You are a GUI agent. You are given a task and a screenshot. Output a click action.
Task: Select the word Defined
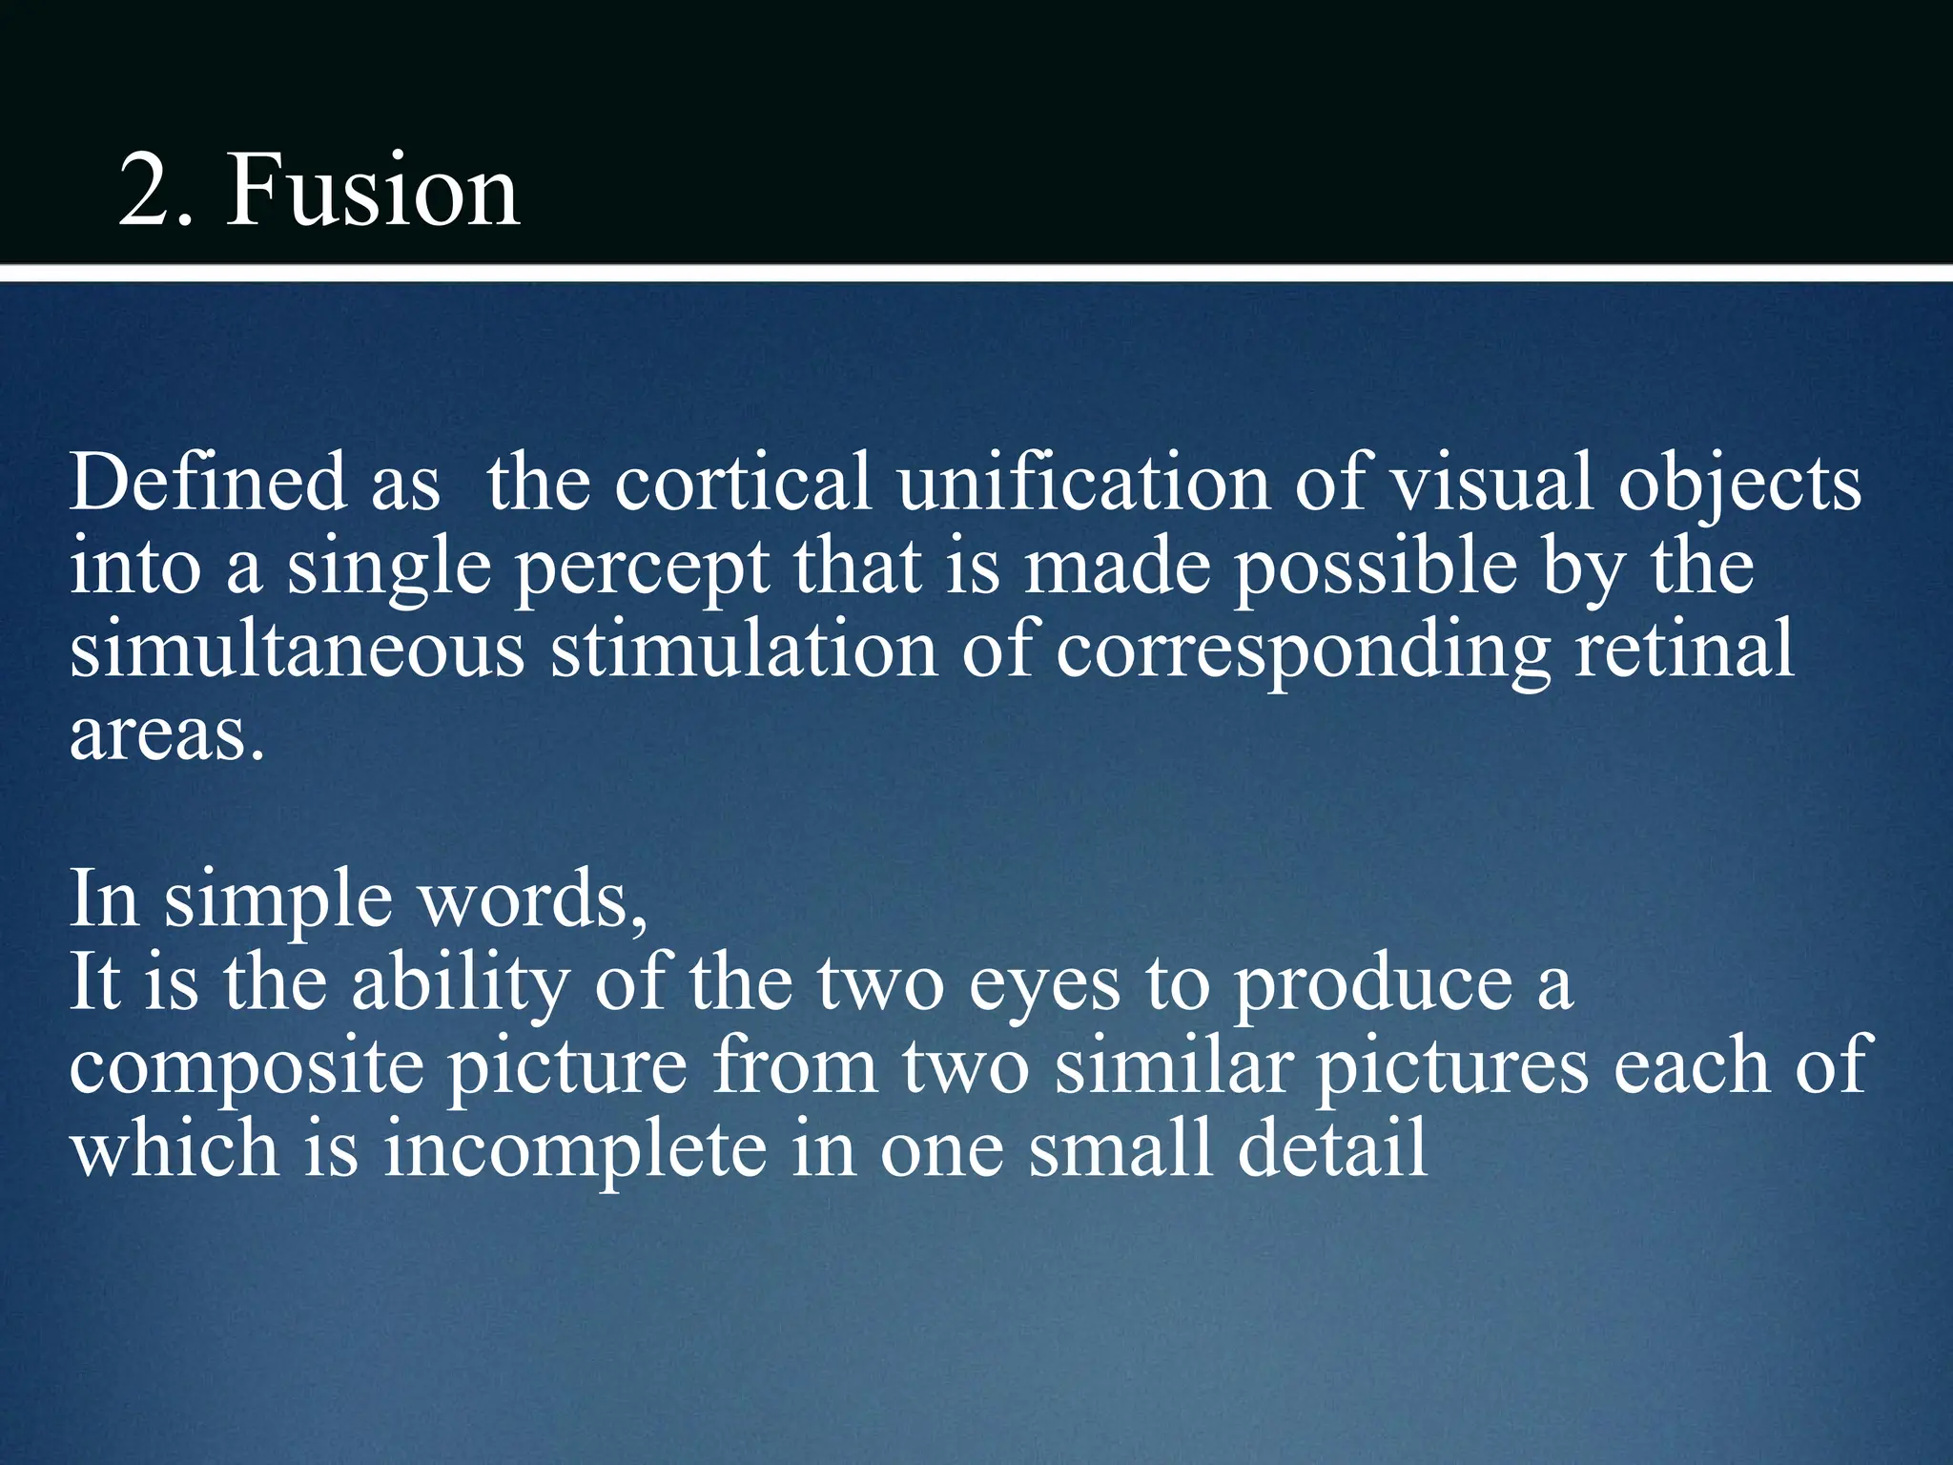(208, 483)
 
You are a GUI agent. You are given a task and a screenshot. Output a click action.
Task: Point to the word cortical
(742, 483)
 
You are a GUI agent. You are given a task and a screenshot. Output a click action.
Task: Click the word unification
(1083, 483)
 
